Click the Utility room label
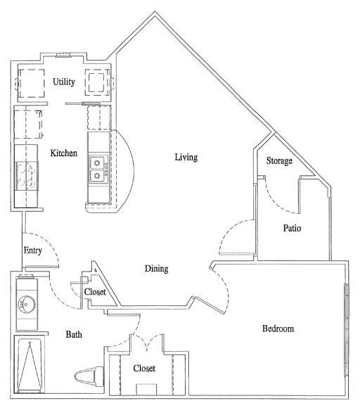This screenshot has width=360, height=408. [64, 82]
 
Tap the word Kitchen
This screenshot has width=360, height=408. [63, 153]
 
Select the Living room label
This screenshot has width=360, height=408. [186, 157]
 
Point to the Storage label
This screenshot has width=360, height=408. [279, 161]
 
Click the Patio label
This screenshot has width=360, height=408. [292, 228]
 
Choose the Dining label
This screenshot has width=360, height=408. [156, 269]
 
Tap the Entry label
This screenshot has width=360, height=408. [33, 250]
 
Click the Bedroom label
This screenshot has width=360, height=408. [278, 329]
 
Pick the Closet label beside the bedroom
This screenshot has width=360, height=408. [144, 368]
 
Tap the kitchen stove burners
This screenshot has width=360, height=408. [27, 175]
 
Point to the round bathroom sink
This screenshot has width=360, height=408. [27, 305]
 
